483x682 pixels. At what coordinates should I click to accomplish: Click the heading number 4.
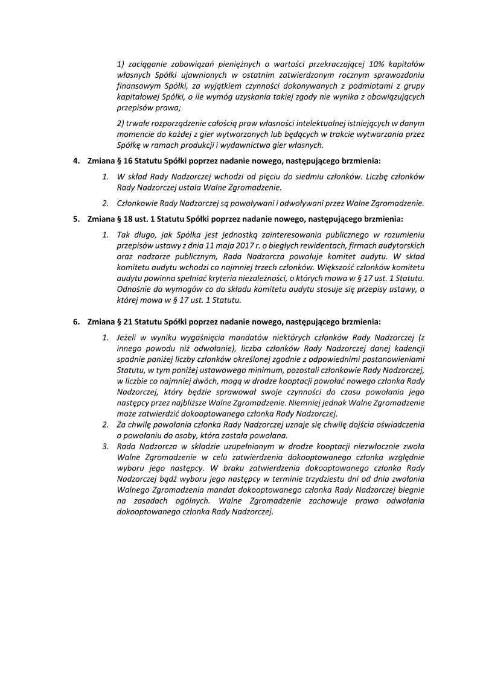75,161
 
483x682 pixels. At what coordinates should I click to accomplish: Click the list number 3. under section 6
105,447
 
